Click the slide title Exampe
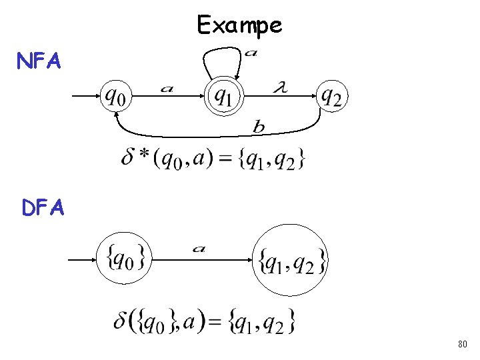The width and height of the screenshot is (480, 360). pyautogui.click(x=239, y=25)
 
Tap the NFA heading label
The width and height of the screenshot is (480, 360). pyautogui.click(x=39, y=62)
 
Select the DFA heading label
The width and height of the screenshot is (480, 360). pyautogui.click(x=43, y=209)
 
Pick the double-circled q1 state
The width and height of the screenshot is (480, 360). pyautogui.click(x=223, y=97)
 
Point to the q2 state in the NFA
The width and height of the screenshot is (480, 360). pyautogui.click(x=331, y=97)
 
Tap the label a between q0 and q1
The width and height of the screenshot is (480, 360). pyautogui.click(x=167, y=88)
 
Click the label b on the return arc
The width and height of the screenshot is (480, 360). pyautogui.click(x=258, y=126)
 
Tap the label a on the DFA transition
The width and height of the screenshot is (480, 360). pyautogui.click(x=199, y=249)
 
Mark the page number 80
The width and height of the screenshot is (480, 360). pyautogui.click(x=463, y=345)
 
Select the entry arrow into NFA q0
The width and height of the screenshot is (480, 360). pyautogui.click(x=85, y=96)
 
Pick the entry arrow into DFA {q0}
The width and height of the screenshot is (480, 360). pyautogui.click(x=83, y=259)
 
